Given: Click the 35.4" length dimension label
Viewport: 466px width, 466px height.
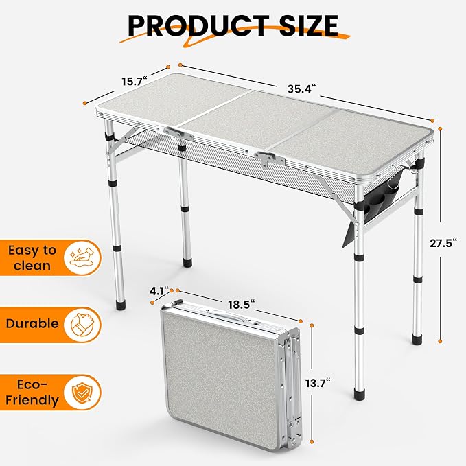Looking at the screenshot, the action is click(301, 89).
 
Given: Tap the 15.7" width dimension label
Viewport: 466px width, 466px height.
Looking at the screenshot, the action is click(135, 81).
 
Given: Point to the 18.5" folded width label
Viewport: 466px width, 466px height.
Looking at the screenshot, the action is click(242, 305).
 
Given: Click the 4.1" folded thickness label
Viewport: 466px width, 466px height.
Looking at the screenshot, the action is click(159, 291).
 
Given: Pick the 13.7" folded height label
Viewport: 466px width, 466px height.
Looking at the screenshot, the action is click(318, 383).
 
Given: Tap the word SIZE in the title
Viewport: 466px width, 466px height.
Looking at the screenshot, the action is click(308, 25).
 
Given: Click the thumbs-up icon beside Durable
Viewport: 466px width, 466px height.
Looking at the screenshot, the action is click(82, 325).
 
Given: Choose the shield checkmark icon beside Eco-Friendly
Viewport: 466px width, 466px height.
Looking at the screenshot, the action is click(82, 393).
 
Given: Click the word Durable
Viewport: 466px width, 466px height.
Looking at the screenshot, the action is click(32, 323).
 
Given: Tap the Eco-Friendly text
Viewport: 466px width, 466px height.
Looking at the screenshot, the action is click(32, 393).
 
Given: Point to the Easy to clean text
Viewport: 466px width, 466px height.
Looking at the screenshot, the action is click(32, 257).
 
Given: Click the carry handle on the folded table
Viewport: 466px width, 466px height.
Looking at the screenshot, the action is click(229, 315).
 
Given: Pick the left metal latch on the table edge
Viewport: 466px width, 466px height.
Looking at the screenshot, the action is click(178, 135).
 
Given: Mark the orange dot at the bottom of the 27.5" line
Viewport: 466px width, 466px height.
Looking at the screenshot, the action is click(440, 342).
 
